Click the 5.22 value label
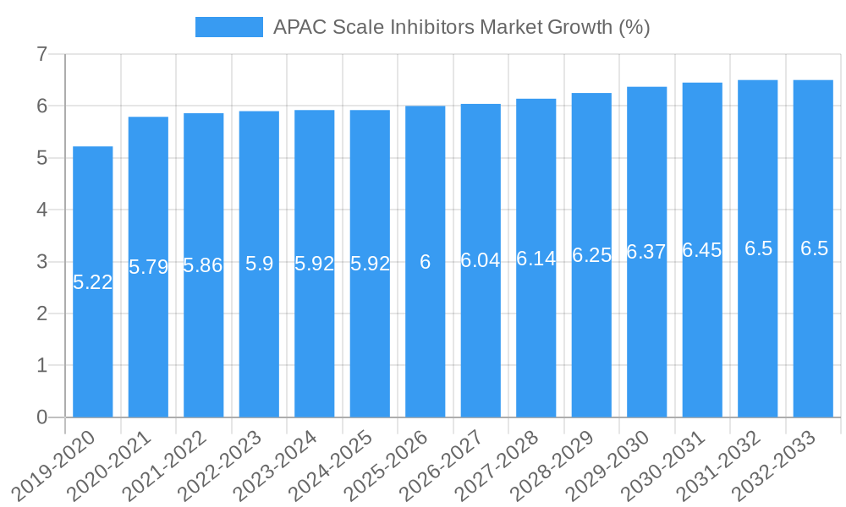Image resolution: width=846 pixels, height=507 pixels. click(x=92, y=283)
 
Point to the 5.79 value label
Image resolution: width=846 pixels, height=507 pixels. click(x=148, y=268)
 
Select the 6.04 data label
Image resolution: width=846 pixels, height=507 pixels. click(x=481, y=261)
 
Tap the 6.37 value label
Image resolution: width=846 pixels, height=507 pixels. click(x=646, y=253)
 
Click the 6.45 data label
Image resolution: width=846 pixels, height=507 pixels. click(x=702, y=251)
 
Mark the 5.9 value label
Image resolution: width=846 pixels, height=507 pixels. click(x=259, y=264)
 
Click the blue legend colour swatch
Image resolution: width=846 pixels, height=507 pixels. click(x=228, y=27)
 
